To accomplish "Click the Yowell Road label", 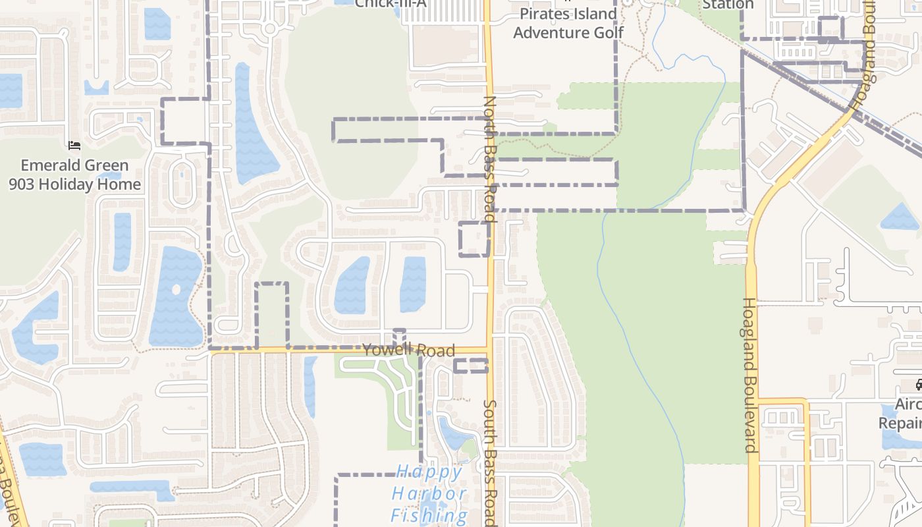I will point(408,349).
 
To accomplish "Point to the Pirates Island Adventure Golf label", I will point(568,23).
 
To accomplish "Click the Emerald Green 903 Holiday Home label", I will point(75,175).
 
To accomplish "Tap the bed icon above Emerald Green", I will point(74,145).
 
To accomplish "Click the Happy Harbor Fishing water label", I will point(430,493).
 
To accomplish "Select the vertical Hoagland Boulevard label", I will point(750,375).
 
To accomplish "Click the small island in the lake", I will point(175,289).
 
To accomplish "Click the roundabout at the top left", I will point(269,29).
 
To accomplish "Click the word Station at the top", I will point(728,5).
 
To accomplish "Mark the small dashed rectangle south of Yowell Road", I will point(471,366).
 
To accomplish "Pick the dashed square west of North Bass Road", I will point(474,238).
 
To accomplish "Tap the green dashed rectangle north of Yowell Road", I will point(272,315).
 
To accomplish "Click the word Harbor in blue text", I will point(429,493).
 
